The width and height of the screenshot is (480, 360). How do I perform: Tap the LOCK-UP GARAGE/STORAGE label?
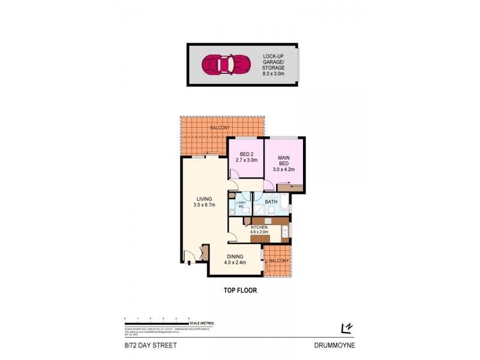point(274,62)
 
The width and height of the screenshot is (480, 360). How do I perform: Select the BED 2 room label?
point(244,157)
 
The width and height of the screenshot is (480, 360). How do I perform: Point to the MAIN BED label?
point(283,163)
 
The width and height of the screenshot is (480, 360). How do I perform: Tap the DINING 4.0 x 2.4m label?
point(235,260)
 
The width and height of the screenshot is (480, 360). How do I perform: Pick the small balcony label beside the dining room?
point(278,261)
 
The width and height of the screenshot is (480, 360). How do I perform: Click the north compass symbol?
point(346,327)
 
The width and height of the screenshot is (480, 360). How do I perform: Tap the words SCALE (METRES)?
point(202,323)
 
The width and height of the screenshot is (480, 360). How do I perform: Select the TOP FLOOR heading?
point(240,290)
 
